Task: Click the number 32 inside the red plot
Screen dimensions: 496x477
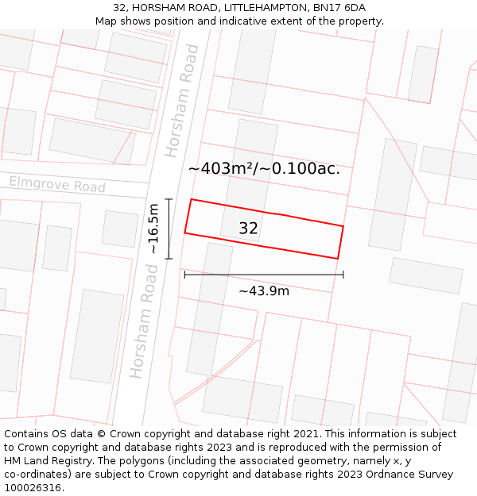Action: click(x=248, y=229)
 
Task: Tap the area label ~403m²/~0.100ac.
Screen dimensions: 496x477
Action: click(x=264, y=168)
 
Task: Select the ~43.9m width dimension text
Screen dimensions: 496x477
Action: click(x=264, y=290)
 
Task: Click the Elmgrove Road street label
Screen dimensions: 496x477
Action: click(x=57, y=185)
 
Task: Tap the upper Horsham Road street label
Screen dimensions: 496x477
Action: click(x=182, y=100)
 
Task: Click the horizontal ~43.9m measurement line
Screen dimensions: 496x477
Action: click(x=264, y=275)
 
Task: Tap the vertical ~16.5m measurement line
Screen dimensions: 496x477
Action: click(x=169, y=228)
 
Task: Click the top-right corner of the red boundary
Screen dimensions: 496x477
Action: click(x=343, y=226)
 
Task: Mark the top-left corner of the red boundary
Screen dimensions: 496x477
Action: click(x=191, y=199)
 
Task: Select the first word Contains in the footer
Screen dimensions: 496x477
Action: click(x=27, y=434)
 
